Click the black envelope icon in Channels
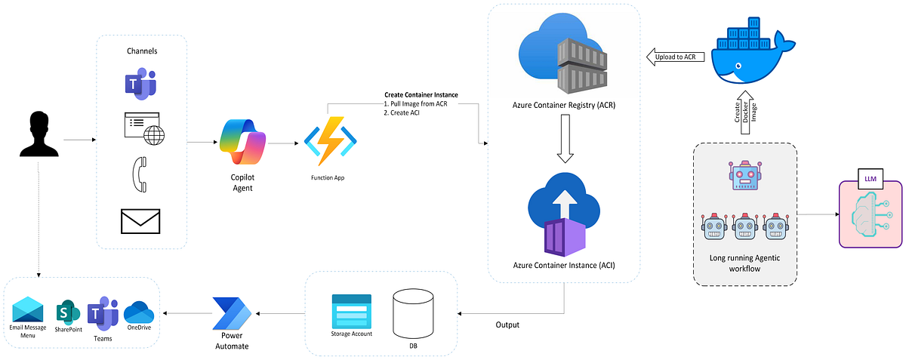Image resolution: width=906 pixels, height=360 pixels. [141, 222]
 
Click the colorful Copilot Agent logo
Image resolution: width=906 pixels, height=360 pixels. [242, 142]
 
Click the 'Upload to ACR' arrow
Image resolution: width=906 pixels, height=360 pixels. [675, 57]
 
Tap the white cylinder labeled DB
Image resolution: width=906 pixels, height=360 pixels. [411, 313]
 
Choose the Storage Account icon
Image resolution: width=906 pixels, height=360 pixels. [351, 310]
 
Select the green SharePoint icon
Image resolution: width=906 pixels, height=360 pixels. [68, 311]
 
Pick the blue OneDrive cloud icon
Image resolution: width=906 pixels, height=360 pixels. [138, 311]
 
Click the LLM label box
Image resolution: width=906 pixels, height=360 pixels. [871, 181]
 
